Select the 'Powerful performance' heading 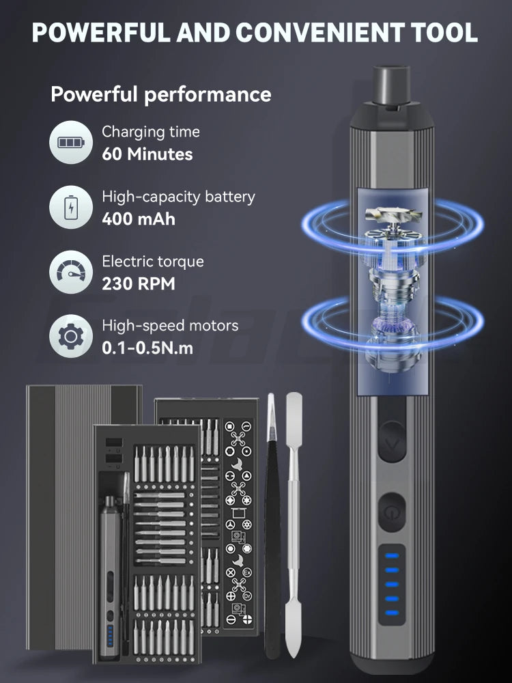(x=160, y=94)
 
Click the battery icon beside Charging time (x=70, y=143)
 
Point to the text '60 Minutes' (x=147, y=154)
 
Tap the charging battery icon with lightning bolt (x=70, y=207)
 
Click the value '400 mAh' (x=139, y=219)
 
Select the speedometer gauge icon (x=70, y=272)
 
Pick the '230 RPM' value (x=139, y=283)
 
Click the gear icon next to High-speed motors (x=70, y=336)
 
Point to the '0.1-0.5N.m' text (x=147, y=348)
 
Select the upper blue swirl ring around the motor (x=393, y=225)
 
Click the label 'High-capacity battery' (x=178, y=197)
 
